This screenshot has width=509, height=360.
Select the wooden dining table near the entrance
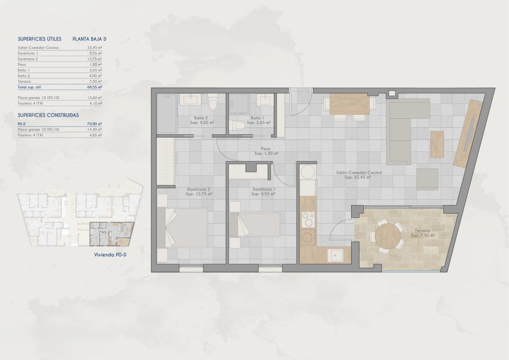click(x=349, y=104)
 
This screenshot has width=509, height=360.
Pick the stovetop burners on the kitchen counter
click(x=308, y=220)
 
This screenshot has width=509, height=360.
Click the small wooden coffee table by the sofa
click(x=437, y=144)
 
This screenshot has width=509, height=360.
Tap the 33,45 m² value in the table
click(x=94, y=47)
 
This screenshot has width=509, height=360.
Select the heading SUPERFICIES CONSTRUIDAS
click(x=48, y=115)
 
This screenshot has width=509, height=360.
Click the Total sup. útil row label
click(x=29, y=87)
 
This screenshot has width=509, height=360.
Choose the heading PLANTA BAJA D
click(x=89, y=39)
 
